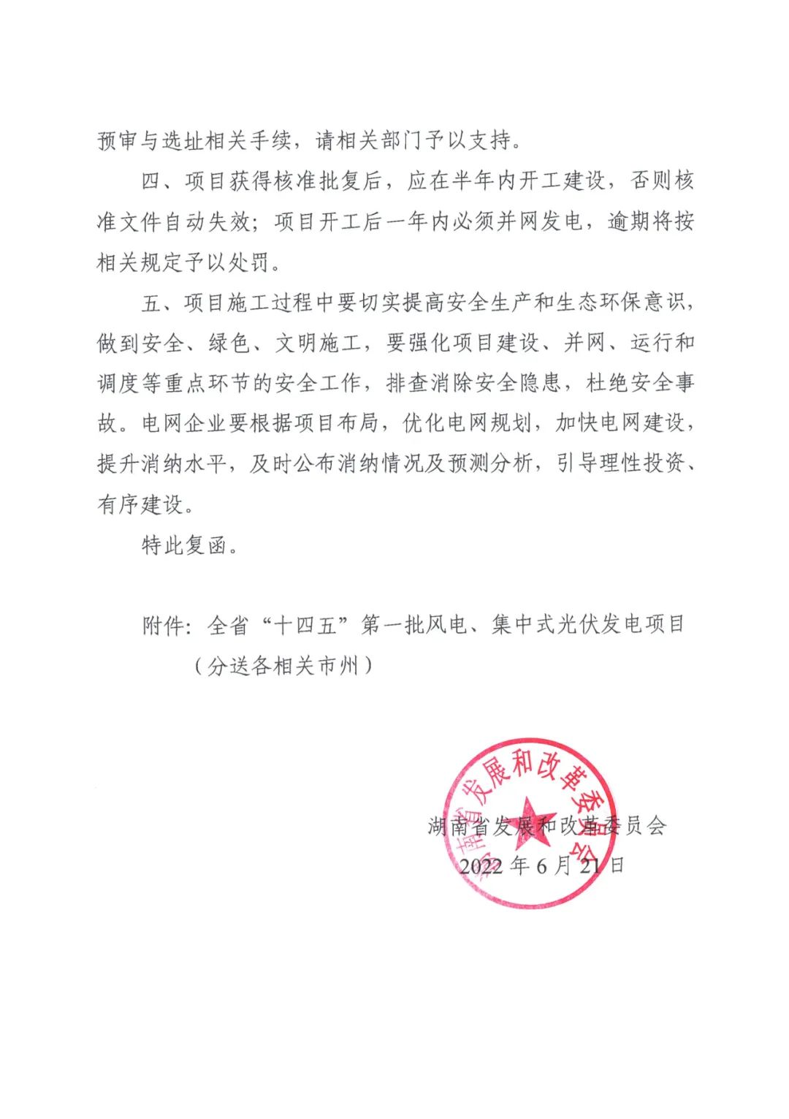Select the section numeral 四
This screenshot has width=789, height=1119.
[x=151, y=181]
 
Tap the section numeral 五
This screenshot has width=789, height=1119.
[x=151, y=302]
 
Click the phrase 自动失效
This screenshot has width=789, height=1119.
[x=208, y=221]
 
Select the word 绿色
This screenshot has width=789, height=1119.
[x=229, y=342]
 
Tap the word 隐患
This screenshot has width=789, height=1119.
[x=540, y=382]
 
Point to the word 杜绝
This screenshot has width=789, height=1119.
[x=609, y=382]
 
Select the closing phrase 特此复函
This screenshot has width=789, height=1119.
[x=184, y=545]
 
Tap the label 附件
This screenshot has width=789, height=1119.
[x=163, y=626]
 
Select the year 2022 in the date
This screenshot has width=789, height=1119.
[x=481, y=866]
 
